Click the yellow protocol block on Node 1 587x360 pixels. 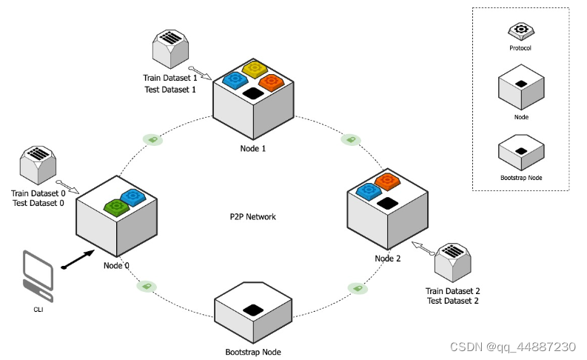pos(255,70)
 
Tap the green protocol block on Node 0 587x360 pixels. pos(115,207)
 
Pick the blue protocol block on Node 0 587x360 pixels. pos(134,197)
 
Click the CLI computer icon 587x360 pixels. pos(37,275)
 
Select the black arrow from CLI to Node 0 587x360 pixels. pos(79,260)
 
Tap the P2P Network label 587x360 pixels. pos(252,217)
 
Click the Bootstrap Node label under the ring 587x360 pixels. pos(253,352)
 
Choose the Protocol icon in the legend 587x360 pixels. pos(520,31)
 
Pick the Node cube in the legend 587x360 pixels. pos(520,89)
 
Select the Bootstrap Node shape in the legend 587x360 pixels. pos(520,153)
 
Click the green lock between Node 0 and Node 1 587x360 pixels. pos(153,139)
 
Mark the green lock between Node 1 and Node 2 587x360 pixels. pos(349,139)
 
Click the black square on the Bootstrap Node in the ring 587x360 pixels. pos(254,310)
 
